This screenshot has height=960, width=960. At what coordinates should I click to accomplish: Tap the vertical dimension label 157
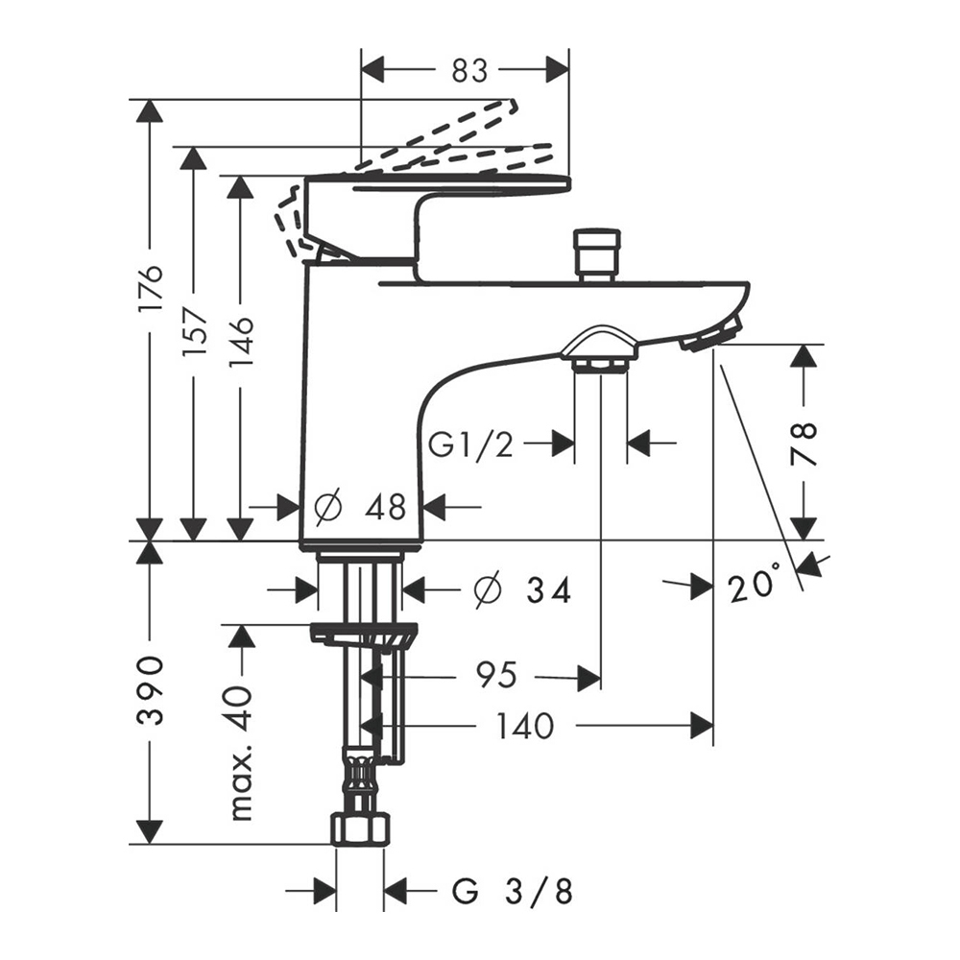click(195, 332)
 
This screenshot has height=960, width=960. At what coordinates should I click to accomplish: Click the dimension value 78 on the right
click(804, 442)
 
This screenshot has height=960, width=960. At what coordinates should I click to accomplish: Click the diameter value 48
click(385, 506)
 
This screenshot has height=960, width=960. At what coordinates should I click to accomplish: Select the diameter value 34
click(548, 590)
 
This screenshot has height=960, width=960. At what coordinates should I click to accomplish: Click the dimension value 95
click(495, 677)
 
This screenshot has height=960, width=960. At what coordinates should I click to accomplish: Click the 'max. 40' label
click(241, 753)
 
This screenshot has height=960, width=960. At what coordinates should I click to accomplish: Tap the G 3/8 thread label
click(513, 892)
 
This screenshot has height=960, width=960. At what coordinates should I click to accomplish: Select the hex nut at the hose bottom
click(360, 828)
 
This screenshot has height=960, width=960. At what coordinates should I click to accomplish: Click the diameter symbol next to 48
click(327, 506)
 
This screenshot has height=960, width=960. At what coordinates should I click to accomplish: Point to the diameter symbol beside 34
click(488, 590)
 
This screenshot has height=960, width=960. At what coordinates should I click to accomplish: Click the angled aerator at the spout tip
click(711, 333)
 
